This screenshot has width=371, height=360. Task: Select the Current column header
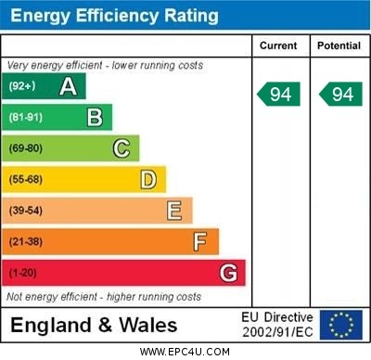pos(278,45)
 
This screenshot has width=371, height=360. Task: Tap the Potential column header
pos(339,45)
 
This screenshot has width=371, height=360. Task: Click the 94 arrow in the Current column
pos(279,94)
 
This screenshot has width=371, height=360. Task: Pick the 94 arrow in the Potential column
pos(340,94)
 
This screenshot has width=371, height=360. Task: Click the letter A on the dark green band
pos(68,87)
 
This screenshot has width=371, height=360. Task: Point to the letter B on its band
pos(95,118)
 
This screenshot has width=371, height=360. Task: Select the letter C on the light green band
pos(121,148)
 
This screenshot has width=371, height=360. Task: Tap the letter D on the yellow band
pos(147,179)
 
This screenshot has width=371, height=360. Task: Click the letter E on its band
pos(173,211)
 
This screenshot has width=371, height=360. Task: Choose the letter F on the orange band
pos(199,242)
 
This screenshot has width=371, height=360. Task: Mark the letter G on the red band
pos(227,273)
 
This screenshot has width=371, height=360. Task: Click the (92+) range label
pos(23,87)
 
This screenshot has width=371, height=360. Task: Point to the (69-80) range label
pos(26,148)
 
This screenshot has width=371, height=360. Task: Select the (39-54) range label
pos(26,211)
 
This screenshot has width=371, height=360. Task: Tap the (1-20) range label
pos(23,273)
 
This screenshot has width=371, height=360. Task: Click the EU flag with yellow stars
pos(340,325)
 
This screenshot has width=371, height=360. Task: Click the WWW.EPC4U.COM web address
pos(185,352)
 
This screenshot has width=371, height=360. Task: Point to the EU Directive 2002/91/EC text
pos(277,325)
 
